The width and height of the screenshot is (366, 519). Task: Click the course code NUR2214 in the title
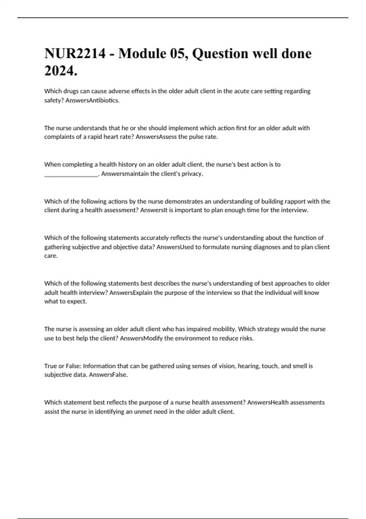coord(75,54)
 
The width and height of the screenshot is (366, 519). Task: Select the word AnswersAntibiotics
coord(92,100)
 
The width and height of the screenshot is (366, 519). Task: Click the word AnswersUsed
coord(175,247)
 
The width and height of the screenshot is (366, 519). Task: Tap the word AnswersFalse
coord(108,375)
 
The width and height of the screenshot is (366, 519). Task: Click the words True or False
coord(63,366)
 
